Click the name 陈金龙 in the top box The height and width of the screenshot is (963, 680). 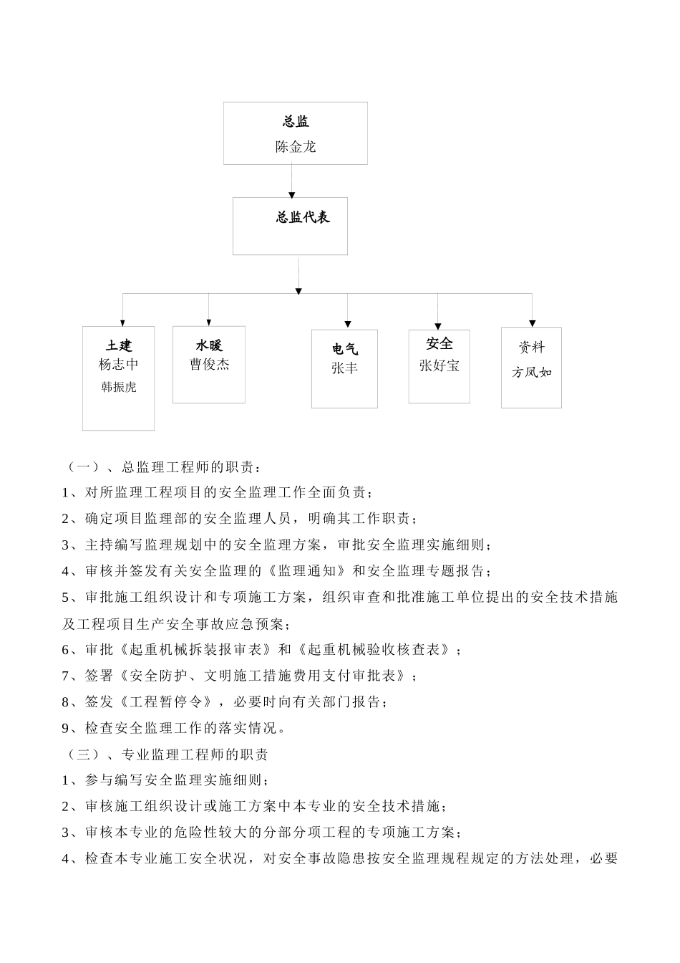point(296,147)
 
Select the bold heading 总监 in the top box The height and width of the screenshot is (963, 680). point(296,122)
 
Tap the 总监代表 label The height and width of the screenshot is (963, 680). point(303,217)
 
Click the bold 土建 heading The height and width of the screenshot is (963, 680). point(119,346)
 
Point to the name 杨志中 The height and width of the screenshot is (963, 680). point(119,364)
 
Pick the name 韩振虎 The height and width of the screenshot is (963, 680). point(119,387)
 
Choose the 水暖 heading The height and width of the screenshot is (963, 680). point(209,345)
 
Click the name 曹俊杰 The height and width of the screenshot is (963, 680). point(209,364)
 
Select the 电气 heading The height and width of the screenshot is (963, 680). point(344,349)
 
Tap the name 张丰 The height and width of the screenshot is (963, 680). point(344,368)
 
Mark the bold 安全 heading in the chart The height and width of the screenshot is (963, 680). point(439,344)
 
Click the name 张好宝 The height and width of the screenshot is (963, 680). point(439,365)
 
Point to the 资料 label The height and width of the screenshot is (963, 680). point(532,348)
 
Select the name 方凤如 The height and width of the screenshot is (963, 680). point(532,372)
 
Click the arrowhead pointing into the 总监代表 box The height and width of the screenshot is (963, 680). point(291,193)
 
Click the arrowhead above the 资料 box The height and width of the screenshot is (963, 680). point(532,323)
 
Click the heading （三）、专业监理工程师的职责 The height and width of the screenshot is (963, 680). point(166,754)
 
